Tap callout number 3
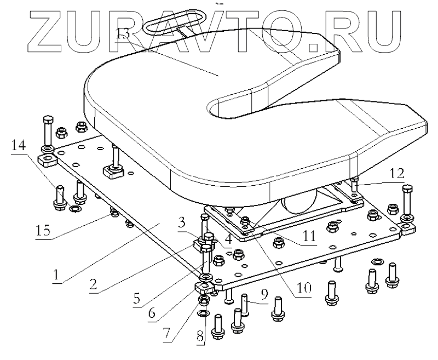point(181,221)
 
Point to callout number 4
point(227,239)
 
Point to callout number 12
point(396,174)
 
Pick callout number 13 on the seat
point(123,34)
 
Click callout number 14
point(18,145)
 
